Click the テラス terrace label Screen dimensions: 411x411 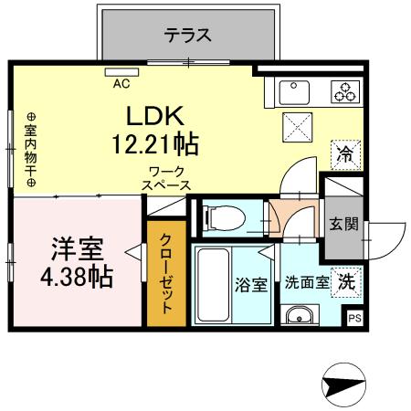(x=188, y=37)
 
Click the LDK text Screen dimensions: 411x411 (x=156, y=116)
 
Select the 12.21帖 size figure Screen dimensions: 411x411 (x=156, y=143)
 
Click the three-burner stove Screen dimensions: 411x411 (x=344, y=91)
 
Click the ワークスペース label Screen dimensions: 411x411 (x=166, y=178)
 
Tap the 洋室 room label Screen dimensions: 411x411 (x=77, y=248)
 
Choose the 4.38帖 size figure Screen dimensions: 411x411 (x=77, y=277)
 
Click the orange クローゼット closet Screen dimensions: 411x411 (x=166, y=273)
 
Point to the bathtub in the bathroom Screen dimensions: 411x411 (x=214, y=284)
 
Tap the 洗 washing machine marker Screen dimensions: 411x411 (x=347, y=281)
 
